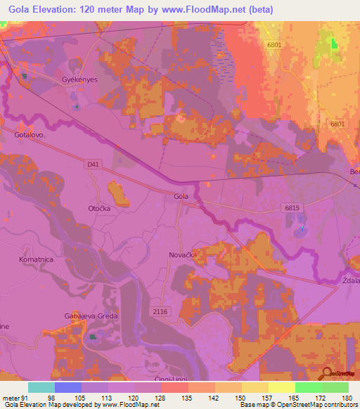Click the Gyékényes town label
(x=78, y=81)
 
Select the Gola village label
(x=181, y=197)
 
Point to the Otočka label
(x=100, y=208)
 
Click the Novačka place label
(x=183, y=255)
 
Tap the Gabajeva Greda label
(x=89, y=316)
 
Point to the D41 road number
(x=93, y=164)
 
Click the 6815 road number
(x=292, y=208)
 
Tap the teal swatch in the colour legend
(x=41, y=387)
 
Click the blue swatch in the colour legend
(x=68, y=387)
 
